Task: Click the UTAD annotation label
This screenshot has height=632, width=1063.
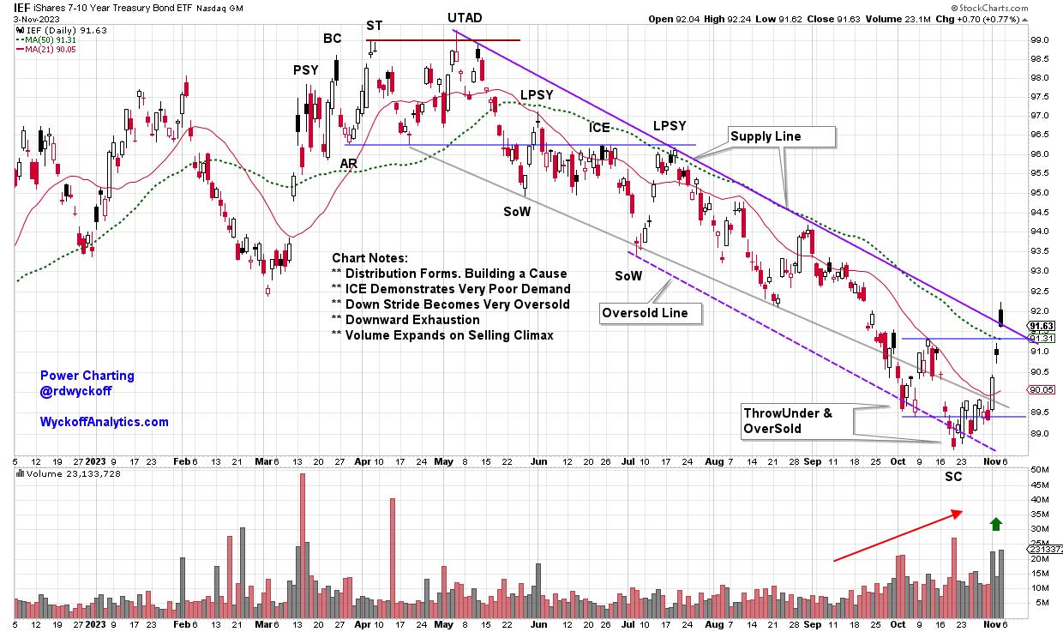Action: [x=465, y=18]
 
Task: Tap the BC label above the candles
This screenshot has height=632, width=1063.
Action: [x=332, y=38]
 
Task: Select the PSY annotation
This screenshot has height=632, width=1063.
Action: [x=305, y=70]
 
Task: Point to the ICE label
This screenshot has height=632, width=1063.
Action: [x=599, y=128]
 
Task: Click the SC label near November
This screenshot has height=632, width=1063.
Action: [x=953, y=477]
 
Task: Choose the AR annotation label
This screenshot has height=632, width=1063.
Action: [x=349, y=163]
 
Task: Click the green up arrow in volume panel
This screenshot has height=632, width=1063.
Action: [x=995, y=524]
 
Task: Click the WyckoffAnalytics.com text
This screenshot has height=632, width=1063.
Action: [x=104, y=422]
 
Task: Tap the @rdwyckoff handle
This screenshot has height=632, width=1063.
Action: [x=75, y=391]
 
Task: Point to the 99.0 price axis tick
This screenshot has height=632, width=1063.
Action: [x=1039, y=40]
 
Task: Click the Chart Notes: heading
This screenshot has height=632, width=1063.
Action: [x=370, y=258]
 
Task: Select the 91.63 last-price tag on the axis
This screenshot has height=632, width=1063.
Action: [x=1040, y=326]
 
